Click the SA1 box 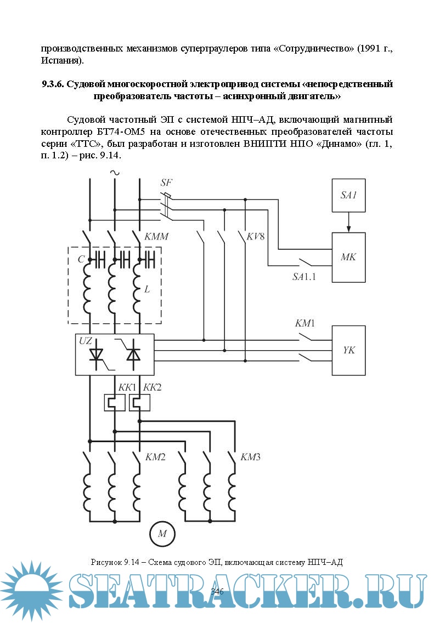coord(348,195)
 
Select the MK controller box coord(348,257)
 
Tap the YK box coord(348,350)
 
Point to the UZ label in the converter coord(86,341)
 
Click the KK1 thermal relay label coord(127,387)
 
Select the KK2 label coord(152,387)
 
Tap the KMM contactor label coord(157,237)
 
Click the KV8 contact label coord(256,237)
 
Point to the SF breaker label coord(167,182)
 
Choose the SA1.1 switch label coord(304,277)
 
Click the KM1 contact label coord(305,323)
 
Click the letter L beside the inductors coord(146,289)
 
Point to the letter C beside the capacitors coord(81,260)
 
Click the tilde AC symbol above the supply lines coord(115,173)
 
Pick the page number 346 coord(217,591)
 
